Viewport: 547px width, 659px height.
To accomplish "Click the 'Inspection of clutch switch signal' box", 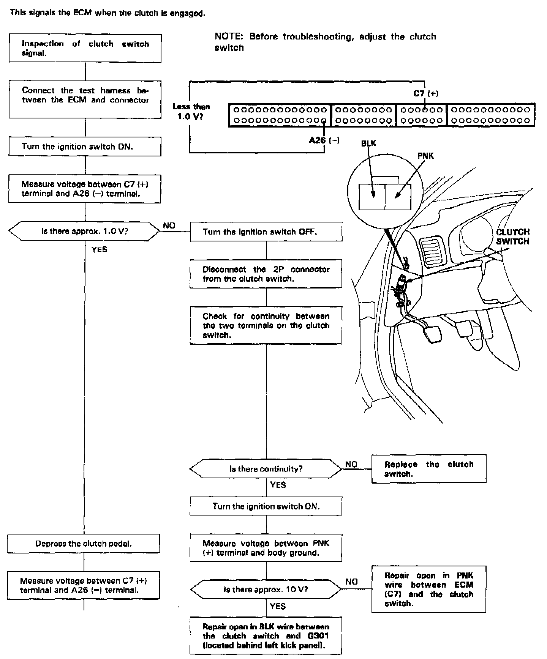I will pyautogui.click(x=85, y=48).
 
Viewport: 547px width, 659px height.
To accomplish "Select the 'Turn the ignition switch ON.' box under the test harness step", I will pyautogui.click(x=85, y=147).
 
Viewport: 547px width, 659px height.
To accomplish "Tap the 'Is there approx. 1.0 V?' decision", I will pyautogui.click(x=84, y=231).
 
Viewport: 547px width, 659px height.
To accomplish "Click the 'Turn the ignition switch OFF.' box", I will pyautogui.click(x=266, y=232).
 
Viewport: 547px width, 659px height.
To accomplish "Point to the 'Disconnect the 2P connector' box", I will pyautogui.click(x=266, y=274).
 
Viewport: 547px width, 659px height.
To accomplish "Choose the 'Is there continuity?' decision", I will pyautogui.click(x=266, y=469).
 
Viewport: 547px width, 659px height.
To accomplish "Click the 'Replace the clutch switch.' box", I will pyautogui.click(x=428, y=469).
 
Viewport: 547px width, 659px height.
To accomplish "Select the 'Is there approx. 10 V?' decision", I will pyautogui.click(x=266, y=590).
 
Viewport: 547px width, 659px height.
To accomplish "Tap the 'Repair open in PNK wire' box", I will pyautogui.click(x=428, y=589).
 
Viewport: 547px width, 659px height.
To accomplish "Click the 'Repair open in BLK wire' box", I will pyautogui.click(x=266, y=636).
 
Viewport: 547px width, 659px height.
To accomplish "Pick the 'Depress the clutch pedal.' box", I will pyautogui.click(x=83, y=544).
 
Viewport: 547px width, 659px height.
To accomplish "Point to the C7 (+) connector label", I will pyautogui.click(x=426, y=94).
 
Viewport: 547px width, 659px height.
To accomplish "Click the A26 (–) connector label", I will pyautogui.click(x=324, y=140).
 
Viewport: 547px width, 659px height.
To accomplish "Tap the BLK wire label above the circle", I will pyautogui.click(x=368, y=143).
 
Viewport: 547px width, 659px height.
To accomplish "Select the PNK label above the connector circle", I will pyautogui.click(x=425, y=156).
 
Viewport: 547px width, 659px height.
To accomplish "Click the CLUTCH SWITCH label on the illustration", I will pyautogui.click(x=512, y=236).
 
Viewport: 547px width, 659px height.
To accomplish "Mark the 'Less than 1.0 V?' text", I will pyautogui.click(x=191, y=112).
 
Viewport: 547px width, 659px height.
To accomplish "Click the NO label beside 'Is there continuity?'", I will pyautogui.click(x=351, y=464).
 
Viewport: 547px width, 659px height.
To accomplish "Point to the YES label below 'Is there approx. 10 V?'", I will pyautogui.click(x=278, y=606).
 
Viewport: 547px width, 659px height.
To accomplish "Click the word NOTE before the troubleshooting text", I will pyautogui.click(x=229, y=37).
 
